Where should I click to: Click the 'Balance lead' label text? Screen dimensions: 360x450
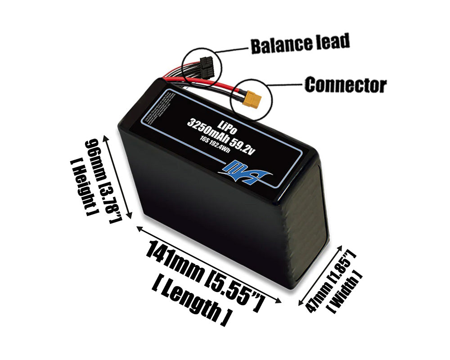point(300,44)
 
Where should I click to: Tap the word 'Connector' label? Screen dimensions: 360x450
point(345,85)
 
